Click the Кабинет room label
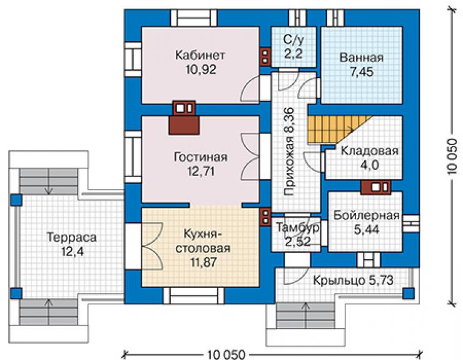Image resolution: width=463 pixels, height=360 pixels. (200, 55)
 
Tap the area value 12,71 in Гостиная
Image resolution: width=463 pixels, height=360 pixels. (201, 171)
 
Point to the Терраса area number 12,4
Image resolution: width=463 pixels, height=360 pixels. (73, 252)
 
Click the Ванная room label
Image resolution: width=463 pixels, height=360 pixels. (362, 58)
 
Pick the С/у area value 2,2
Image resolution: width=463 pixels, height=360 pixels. (293, 54)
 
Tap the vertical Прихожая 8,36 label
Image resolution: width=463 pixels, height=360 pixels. (289, 152)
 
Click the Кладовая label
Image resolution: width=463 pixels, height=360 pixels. (370, 151)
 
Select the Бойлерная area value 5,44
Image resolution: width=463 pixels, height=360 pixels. (366, 229)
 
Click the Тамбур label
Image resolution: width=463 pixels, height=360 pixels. (298, 227)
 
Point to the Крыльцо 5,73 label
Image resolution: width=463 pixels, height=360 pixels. (353, 280)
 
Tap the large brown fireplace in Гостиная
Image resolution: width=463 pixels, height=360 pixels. (184, 125)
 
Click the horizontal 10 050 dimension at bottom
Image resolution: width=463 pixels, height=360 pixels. (226, 354)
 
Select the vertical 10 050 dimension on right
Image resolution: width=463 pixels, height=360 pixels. (451, 156)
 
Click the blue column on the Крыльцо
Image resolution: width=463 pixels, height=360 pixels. (409, 294)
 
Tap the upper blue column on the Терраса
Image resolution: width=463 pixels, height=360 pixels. (16, 200)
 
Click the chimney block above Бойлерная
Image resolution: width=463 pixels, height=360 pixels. (375, 187)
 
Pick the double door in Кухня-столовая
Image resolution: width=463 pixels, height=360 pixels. (153, 246)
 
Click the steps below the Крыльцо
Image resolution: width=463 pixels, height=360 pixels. (306, 316)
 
